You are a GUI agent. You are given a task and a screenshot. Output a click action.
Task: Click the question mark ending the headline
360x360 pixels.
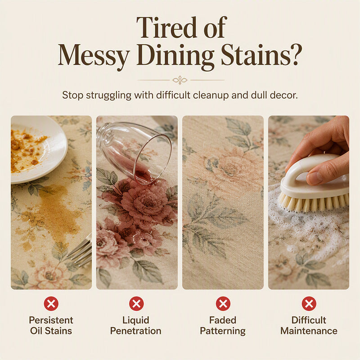tap(295, 54)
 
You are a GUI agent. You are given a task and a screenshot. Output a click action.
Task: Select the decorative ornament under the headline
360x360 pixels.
tap(180, 80)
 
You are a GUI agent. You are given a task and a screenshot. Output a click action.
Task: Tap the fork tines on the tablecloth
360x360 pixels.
tap(81, 252)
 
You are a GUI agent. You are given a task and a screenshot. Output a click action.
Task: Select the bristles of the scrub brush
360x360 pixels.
tap(312, 202)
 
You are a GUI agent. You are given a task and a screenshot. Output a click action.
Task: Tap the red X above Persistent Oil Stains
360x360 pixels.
tap(51, 303)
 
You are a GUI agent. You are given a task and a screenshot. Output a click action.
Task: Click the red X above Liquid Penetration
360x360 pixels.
tap(136, 303)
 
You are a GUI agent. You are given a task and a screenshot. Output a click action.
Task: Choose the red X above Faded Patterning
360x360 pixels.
tap(223, 303)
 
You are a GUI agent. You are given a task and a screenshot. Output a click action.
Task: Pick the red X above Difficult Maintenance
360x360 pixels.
tap(309, 303)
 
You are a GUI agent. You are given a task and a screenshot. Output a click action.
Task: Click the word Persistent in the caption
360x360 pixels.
tap(51, 320)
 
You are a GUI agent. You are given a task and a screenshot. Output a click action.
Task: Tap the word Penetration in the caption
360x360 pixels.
tap(136, 331)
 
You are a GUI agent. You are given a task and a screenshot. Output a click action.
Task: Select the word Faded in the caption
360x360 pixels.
tap(223, 320)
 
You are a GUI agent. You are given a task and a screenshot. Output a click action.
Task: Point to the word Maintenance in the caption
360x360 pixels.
tap(309, 331)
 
